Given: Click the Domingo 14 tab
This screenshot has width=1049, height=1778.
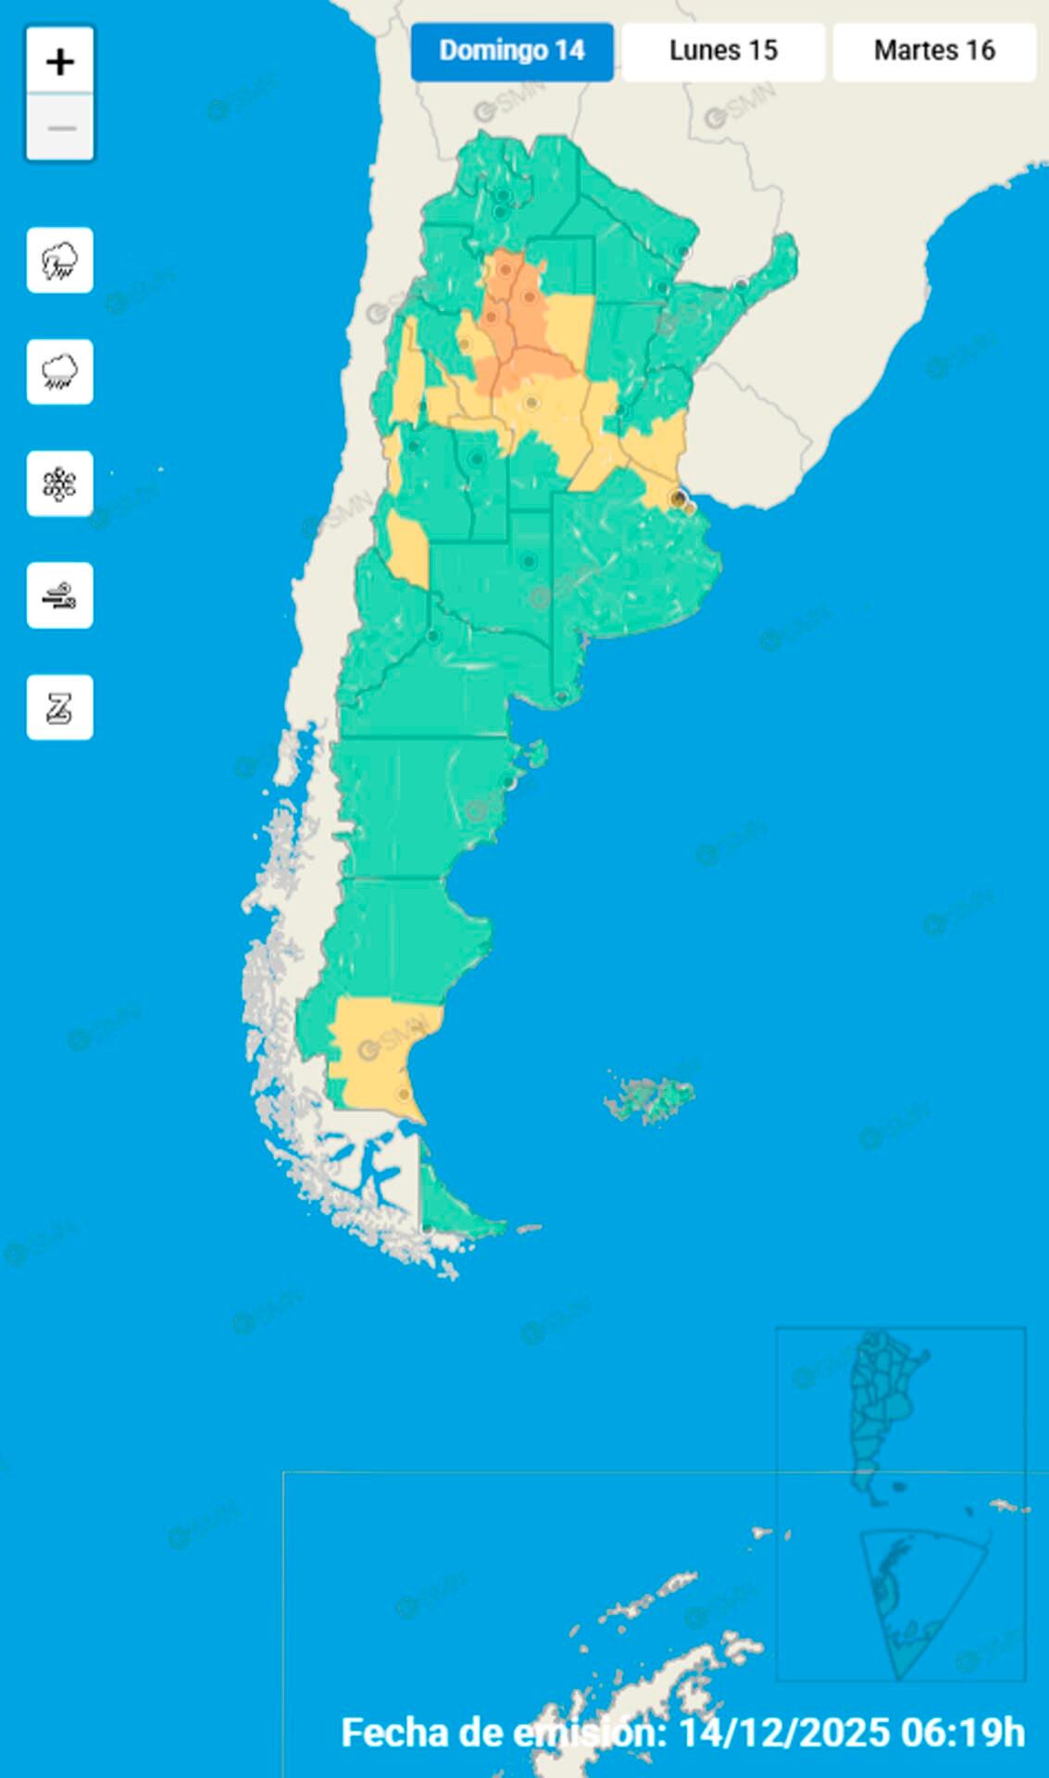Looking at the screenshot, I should (511, 51).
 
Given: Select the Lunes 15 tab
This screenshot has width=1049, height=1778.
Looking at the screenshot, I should (723, 51).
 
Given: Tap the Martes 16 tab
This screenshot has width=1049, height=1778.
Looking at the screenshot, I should (934, 51).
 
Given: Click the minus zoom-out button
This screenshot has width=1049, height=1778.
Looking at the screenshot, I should (60, 128).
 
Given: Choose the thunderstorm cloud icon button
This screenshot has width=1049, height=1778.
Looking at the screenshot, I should (60, 260).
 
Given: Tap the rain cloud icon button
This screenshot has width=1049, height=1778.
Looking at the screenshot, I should (60, 372).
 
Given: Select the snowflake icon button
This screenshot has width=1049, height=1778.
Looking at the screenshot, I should (60, 483).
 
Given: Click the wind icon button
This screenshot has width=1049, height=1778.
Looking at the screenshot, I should (60, 595).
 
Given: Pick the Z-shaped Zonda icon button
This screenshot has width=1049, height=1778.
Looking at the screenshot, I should (60, 707).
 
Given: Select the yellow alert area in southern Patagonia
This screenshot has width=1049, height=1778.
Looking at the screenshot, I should (375, 1051).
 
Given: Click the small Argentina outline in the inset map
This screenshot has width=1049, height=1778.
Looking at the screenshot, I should (884, 1408).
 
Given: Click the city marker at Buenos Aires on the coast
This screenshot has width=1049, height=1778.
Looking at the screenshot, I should (679, 499).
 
